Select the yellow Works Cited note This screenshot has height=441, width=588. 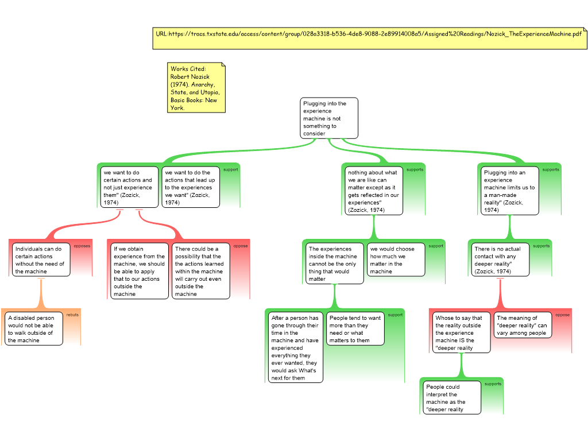tap(196, 88)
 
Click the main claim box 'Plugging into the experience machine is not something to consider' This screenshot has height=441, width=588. tap(329, 118)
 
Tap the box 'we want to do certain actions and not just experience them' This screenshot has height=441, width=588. tap(129, 187)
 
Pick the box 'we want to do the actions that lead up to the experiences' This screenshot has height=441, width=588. tap(190, 187)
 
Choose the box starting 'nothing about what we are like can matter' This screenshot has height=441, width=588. tap(374, 191)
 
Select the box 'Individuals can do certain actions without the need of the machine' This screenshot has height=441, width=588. tap(41, 260)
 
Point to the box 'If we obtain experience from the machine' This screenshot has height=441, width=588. tap(140, 271)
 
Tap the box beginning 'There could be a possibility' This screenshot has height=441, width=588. tap(201, 271)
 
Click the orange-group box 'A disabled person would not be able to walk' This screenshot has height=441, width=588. tap(33, 329)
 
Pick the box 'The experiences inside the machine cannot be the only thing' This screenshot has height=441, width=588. tap(335, 264)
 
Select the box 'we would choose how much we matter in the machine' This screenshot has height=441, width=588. tap(396, 260)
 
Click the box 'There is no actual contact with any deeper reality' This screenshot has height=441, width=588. tap(500, 260)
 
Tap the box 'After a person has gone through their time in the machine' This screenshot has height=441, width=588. tap(296, 347)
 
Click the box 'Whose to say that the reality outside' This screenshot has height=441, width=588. tap(461, 332)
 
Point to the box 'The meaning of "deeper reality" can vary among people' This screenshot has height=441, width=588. tap(522, 325)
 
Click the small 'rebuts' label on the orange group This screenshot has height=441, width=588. tap(72, 315)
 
